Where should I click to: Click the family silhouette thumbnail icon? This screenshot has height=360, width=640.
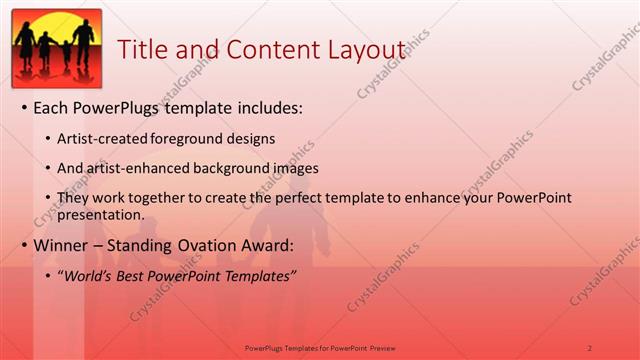click(x=56, y=47)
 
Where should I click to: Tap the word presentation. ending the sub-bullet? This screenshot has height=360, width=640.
click(x=103, y=214)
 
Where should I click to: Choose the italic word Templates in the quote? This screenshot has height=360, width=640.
click(x=256, y=275)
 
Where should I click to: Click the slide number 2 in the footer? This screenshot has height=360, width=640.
click(x=589, y=347)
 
